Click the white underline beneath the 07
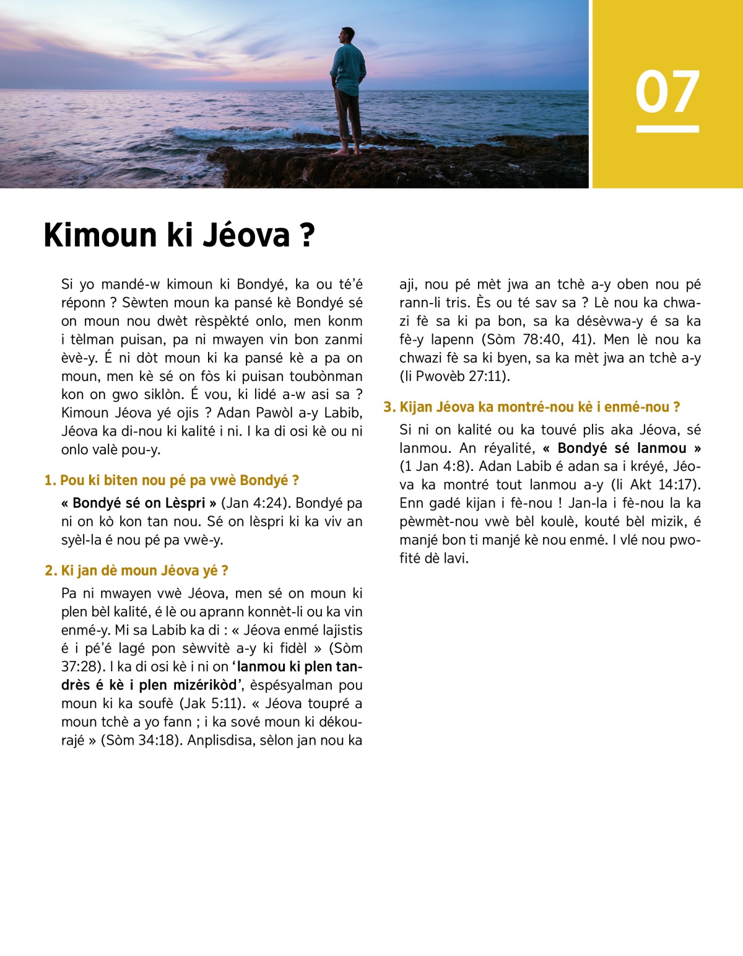[x=667, y=129]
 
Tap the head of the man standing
[x=348, y=35]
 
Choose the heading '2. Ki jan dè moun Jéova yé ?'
[x=137, y=571]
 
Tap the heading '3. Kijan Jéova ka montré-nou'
[x=532, y=407]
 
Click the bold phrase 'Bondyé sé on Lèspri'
[x=139, y=503]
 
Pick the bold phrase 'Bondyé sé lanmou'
[x=622, y=448]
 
